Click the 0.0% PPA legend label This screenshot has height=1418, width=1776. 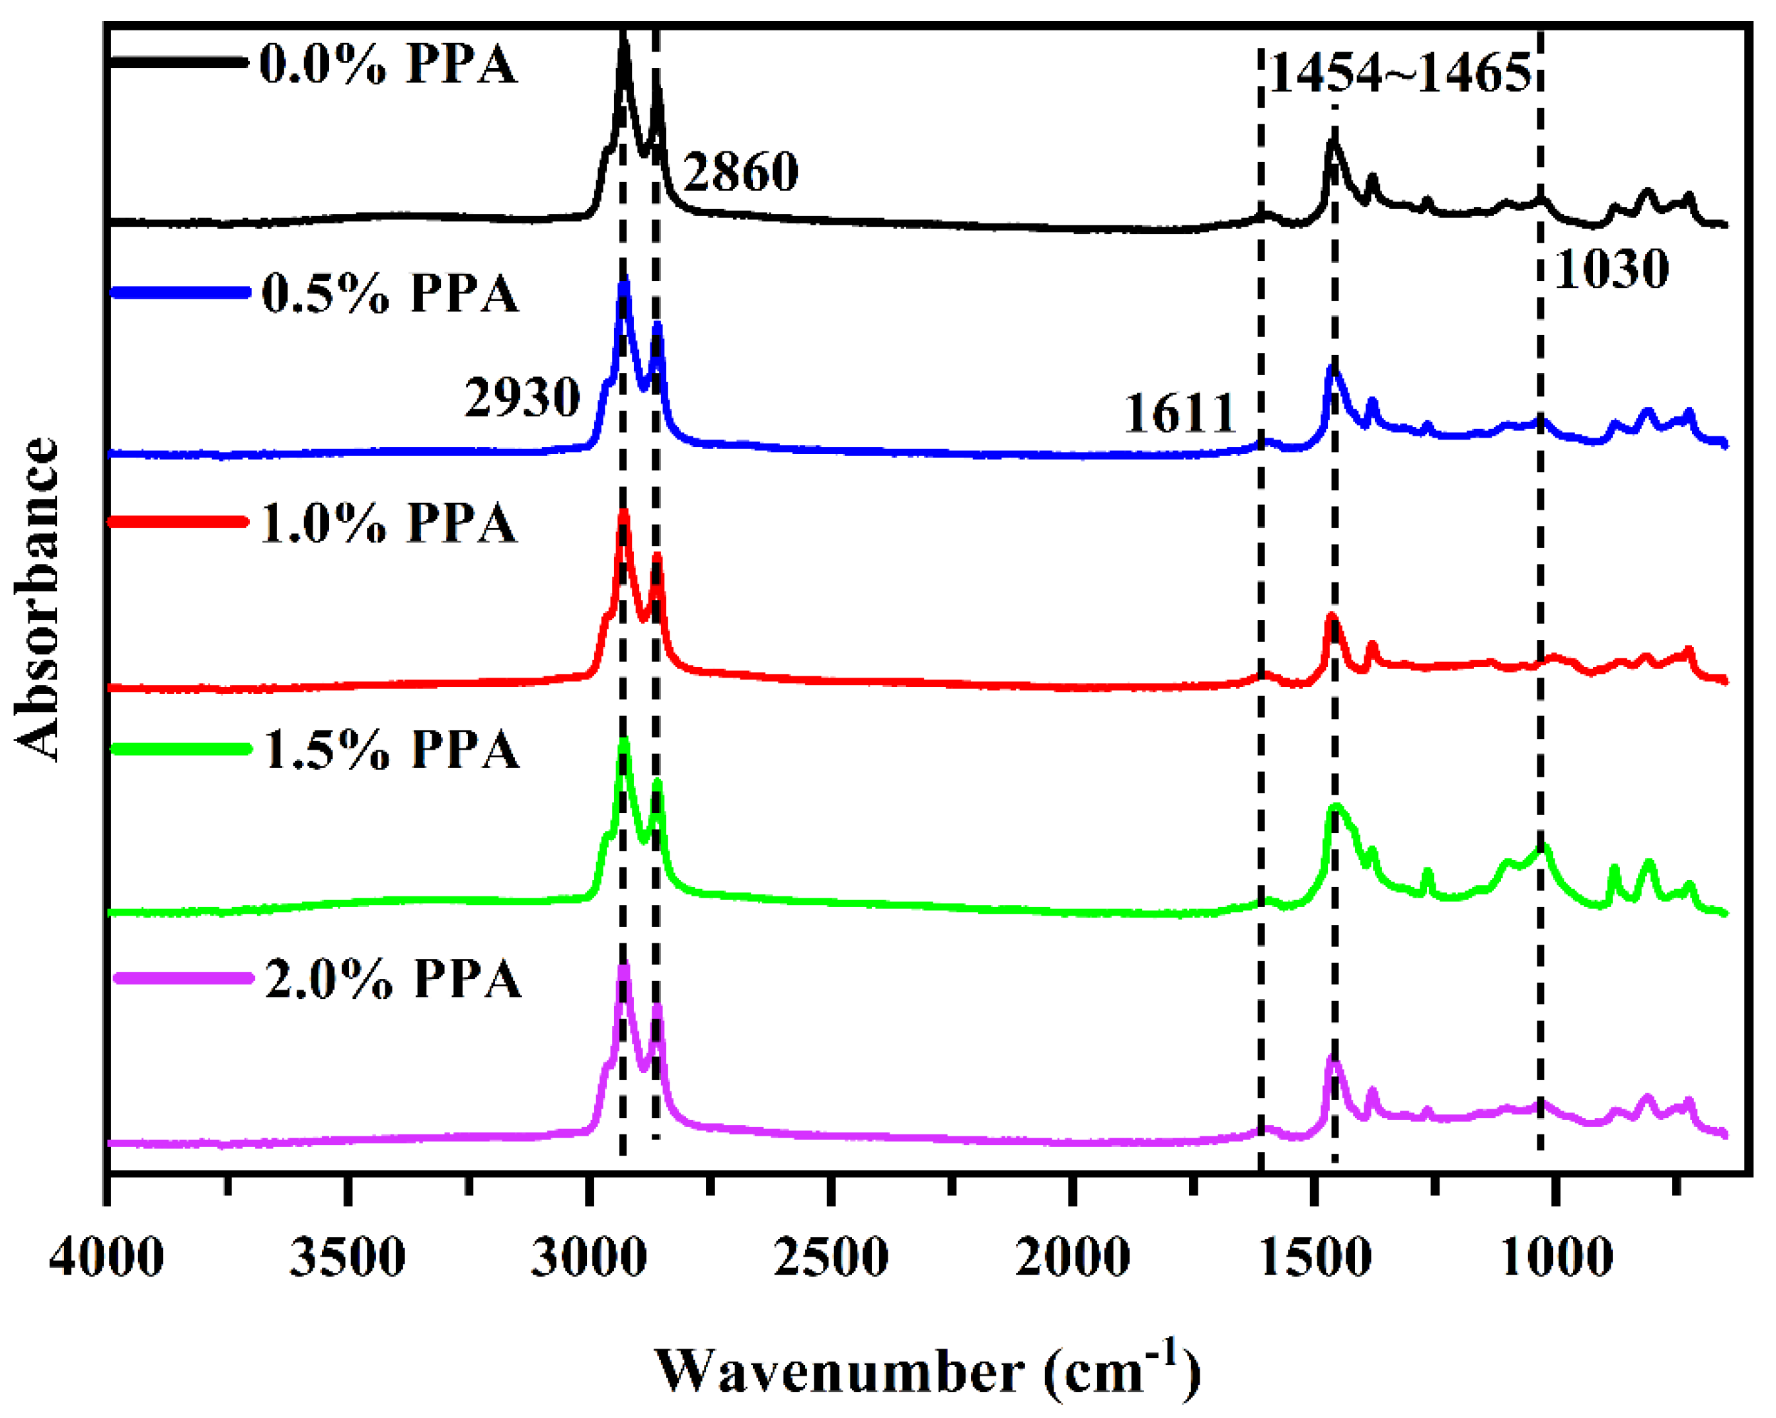(388, 64)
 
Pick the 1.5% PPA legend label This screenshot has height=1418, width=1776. (391, 750)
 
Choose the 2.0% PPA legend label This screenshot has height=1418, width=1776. (393, 980)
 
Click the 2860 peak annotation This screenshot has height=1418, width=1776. (740, 172)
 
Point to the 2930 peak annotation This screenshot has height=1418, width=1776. (522, 398)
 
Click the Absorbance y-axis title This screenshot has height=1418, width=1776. (37, 599)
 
